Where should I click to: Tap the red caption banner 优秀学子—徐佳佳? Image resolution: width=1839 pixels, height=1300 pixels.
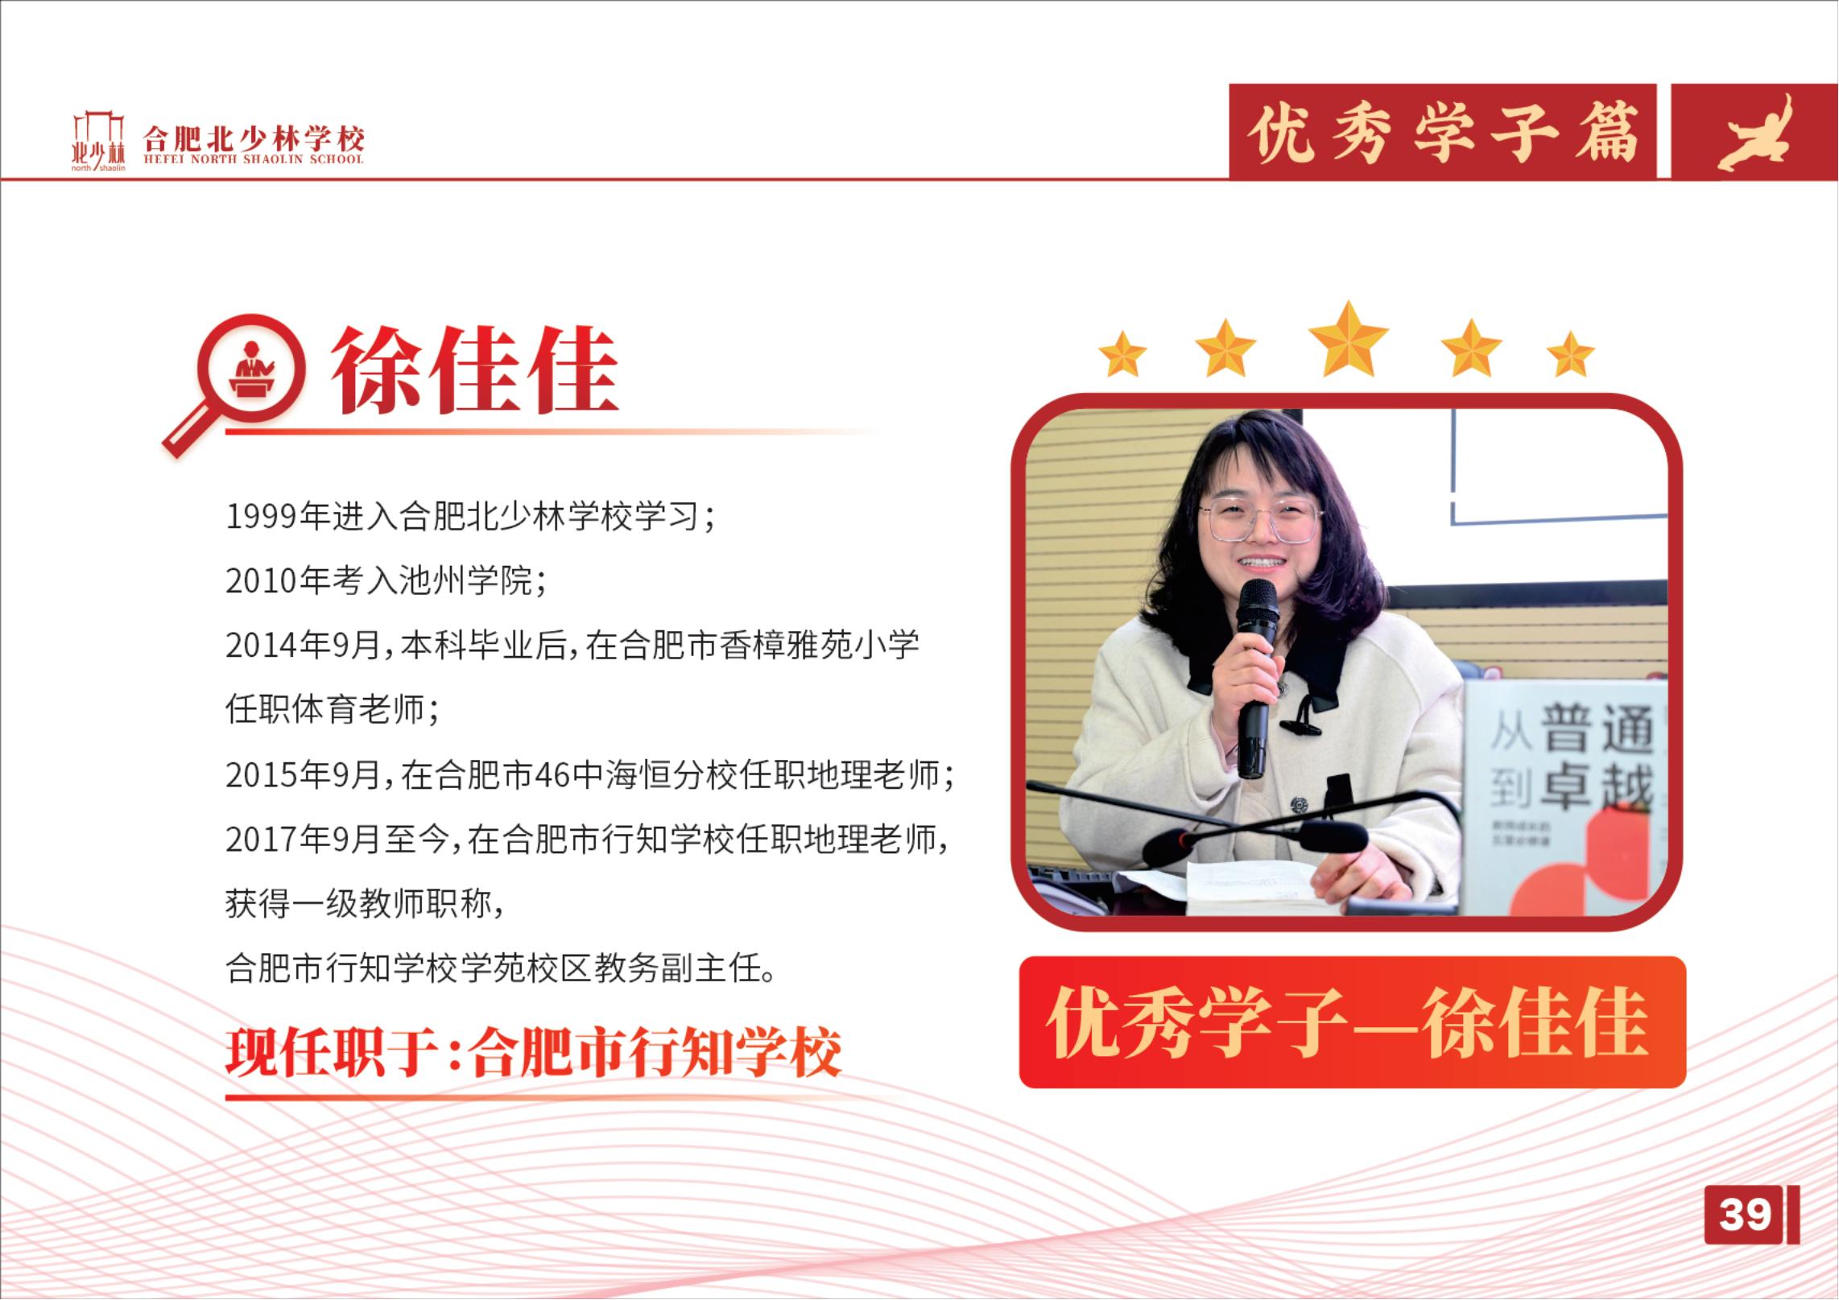coord(1352,1022)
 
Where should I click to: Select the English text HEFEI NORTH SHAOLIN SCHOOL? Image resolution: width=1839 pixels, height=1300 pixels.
coord(254,159)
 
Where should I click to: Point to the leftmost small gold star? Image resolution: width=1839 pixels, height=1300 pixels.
coord(1122,355)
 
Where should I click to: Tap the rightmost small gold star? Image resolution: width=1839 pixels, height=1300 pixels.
coord(1570,355)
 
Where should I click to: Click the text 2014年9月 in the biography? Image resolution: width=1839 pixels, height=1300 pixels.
coord(304,646)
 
